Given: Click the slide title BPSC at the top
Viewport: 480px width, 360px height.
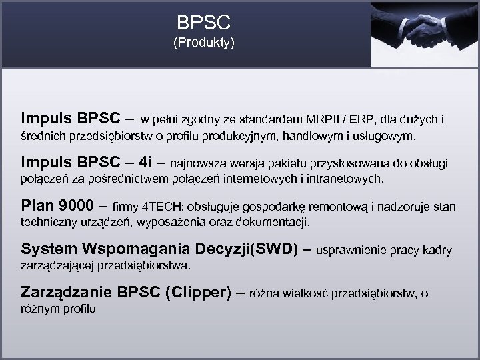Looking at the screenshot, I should tap(204, 23).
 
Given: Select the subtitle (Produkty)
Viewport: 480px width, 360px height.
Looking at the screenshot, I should tap(204, 44).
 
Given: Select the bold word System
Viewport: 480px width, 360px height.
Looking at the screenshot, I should tap(49, 249).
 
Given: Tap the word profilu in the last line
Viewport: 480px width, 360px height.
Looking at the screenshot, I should tap(80, 309).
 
